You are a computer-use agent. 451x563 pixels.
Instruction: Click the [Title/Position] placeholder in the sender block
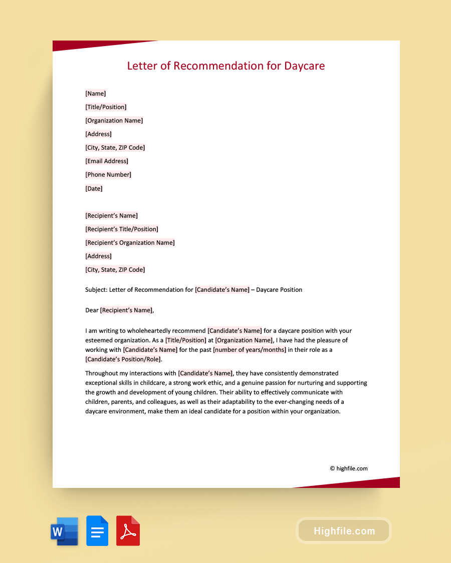pyautogui.click(x=106, y=107)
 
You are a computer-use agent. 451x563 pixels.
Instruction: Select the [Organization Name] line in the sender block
pyautogui.click(x=114, y=121)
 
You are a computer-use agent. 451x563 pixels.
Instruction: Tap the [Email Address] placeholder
pyautogui.click(x=107, y=161)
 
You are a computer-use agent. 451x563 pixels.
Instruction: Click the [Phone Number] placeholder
pyautogui.click(x=108, y=175)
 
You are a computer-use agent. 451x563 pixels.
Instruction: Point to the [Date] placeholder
pyautogui.click(x=94, y=189)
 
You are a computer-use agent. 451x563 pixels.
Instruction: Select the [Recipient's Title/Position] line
pyautogui.click(x=122, y=229)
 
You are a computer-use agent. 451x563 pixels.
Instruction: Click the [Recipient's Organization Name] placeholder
pyautogui.click(x=130, y=243)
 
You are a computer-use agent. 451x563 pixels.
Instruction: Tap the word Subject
pyautogui.click(x=95, y=290)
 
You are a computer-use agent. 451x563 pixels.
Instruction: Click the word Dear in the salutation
pyautogui.click(x=92, y=310)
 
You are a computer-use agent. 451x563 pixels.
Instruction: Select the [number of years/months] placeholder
pyautogui.click(x=250, y=350)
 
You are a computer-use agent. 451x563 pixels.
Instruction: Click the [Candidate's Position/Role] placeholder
pyautogui.click(x=124, y=359)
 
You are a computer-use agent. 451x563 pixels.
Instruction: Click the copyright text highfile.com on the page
pyautogui.click(x=349, y=468)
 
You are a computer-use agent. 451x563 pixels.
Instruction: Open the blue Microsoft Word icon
pyautogui.click(x=64, y=531)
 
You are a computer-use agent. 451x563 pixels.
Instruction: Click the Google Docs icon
pyautogui.click(x=97, y=531)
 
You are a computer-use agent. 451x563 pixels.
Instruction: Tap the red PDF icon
pyautogui.click(x=128, y=531)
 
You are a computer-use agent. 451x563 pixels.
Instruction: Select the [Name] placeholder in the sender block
pyautogui.click(x=95, y=94)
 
